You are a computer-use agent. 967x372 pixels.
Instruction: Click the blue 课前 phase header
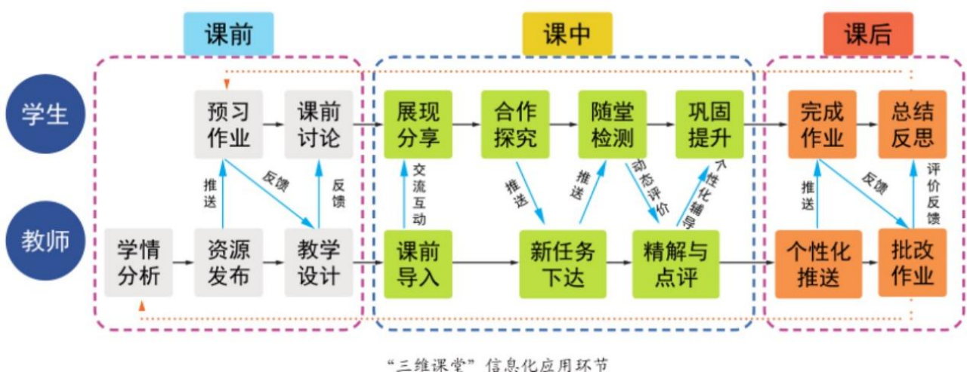(x=227, y=34)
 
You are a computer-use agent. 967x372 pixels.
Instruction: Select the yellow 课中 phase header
(x=567, y=34)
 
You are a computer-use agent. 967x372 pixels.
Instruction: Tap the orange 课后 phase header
(x=867, y=34)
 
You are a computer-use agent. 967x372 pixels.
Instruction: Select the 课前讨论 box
(x=318, y=125)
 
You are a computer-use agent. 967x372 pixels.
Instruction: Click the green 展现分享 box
(x=418, y=125)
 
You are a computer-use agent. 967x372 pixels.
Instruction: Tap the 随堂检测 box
(x=613, y=125)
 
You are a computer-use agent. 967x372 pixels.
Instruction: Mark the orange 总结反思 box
(x=913, y=125)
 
